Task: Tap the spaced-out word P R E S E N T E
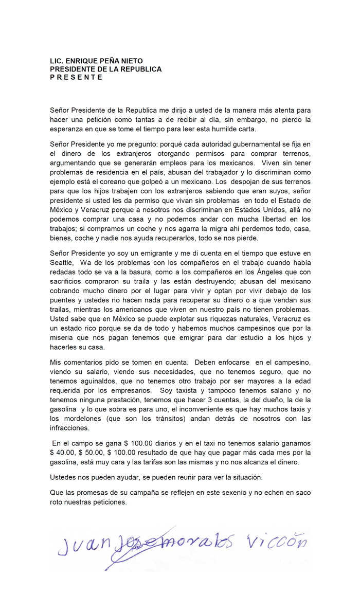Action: pos(76,77)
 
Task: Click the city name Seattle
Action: pos(62,262)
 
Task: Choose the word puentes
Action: pos(63,301)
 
